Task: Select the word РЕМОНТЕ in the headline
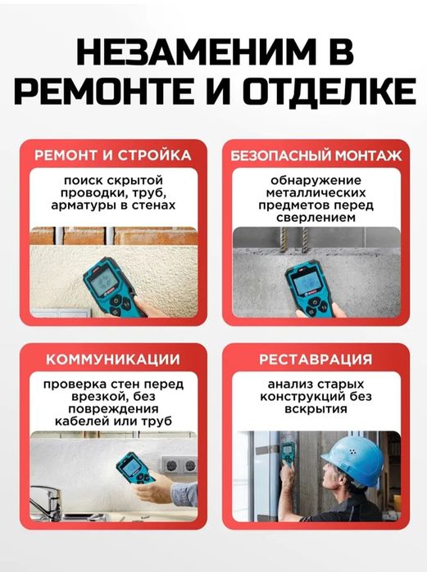tap(107, 90)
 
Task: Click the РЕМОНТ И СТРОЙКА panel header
tap(113, 155)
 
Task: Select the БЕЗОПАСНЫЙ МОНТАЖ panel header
tap(316, 155)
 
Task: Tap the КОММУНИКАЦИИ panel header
tap(113, 358)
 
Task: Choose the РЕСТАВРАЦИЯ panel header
tap(316, 358)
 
